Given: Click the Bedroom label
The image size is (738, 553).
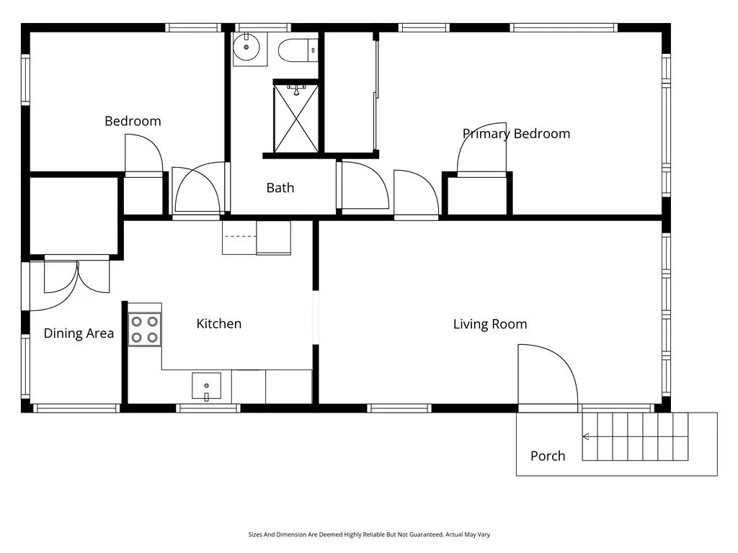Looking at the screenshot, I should pos(133,121).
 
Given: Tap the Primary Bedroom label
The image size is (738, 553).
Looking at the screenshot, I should pos(516,134).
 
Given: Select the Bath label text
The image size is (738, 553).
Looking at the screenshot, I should pos(280,188).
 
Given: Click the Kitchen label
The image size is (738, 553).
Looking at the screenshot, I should pos(218,324).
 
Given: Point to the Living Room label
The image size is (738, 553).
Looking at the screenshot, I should pos(489,325).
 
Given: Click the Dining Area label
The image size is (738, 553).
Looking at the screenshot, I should pos(79,333).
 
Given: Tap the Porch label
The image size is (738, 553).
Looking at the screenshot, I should pos(548,456).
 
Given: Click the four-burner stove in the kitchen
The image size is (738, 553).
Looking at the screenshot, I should pos(144,330).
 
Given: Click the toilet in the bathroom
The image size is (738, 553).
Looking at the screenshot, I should pos(298,50).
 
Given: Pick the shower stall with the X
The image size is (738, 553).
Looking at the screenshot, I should pos(295,118).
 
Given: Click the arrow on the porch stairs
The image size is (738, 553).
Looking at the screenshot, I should pos(587,436).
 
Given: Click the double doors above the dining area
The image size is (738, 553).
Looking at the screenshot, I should pos(76,276).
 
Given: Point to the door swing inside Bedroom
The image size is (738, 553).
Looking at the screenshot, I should pos(143,154).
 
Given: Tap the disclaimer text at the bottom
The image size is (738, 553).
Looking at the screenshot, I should pos(369,535).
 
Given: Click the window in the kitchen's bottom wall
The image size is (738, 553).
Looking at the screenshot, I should pos(208,408).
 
